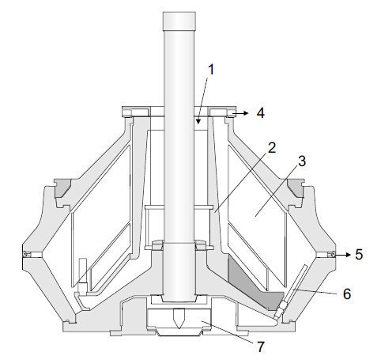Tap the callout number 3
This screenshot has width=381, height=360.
300,161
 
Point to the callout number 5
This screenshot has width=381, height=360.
359,255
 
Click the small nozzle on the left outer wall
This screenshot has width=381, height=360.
28,255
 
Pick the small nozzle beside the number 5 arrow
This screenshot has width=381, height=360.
333,255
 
